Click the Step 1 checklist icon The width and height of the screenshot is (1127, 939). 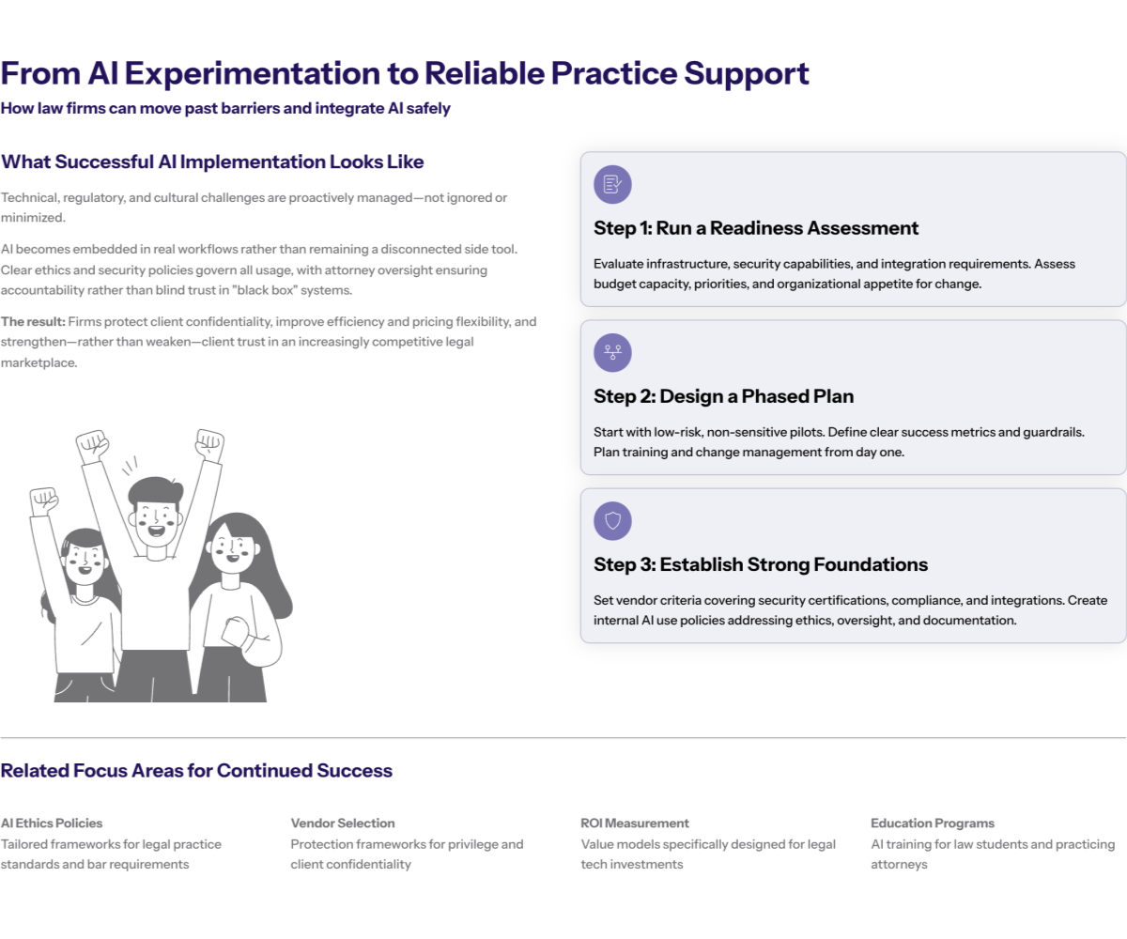coord(612,185)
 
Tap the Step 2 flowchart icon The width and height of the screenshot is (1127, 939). coord(612,353)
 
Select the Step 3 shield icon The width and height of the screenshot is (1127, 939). coord(612,521)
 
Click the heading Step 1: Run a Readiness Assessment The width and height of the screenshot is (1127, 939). coord(756,228)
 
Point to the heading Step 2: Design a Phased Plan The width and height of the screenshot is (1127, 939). coord(723,396)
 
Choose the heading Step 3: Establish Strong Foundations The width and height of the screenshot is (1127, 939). coord(761,564)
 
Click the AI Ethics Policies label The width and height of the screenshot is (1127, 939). coord(52,824)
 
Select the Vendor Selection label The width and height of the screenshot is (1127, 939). coord(343,824)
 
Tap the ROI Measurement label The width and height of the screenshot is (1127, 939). coord(635,824)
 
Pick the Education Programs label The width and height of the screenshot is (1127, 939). coord(932,824)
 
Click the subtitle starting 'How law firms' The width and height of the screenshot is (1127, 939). coord(225,109)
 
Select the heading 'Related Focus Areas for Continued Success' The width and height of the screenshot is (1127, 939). coord(196,771)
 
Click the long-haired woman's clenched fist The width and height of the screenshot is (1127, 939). coord(235,631)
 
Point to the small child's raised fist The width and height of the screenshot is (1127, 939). coord(43,501)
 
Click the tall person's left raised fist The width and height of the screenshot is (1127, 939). coord(92,443)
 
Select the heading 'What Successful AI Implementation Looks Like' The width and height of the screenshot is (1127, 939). coord(212,162)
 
